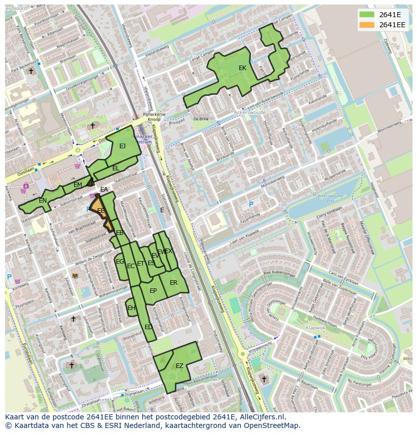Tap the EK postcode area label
[242, 68]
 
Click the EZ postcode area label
[179, 366]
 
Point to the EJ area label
[122, 146]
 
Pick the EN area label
[43, 201]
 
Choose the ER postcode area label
[174, 283]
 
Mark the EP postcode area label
[153, 291]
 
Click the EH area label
[131, 308]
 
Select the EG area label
[120, 262]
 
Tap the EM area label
[78, 185]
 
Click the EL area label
[116, 168]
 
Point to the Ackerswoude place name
[250, 113]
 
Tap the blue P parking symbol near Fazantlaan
[251, 204]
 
